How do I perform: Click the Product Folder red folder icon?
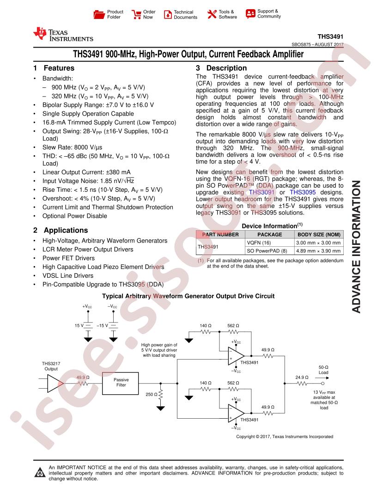coord(99,14)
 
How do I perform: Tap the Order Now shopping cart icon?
coord(136,14)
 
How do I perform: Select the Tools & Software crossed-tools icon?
coord(212,14)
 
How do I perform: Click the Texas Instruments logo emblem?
coord(40,34)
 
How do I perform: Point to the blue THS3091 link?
coord(261,192)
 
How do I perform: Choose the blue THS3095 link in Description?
coord(303,192)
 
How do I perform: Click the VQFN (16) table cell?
coord(259,243)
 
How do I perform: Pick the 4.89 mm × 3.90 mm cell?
coord(318,251)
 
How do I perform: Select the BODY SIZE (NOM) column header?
coord(319,235)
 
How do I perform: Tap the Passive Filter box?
coord(121,383)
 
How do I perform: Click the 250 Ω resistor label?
coord(152,394)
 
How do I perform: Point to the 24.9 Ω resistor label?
coord(302,377)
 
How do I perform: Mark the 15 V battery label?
coord(79,325)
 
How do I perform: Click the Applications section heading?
coord(61,230)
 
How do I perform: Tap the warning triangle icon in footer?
coord(40,472)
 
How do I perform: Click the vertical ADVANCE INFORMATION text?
coord(356,246)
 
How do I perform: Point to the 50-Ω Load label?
coord(323,370)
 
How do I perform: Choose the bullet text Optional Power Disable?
coord(75,216)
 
